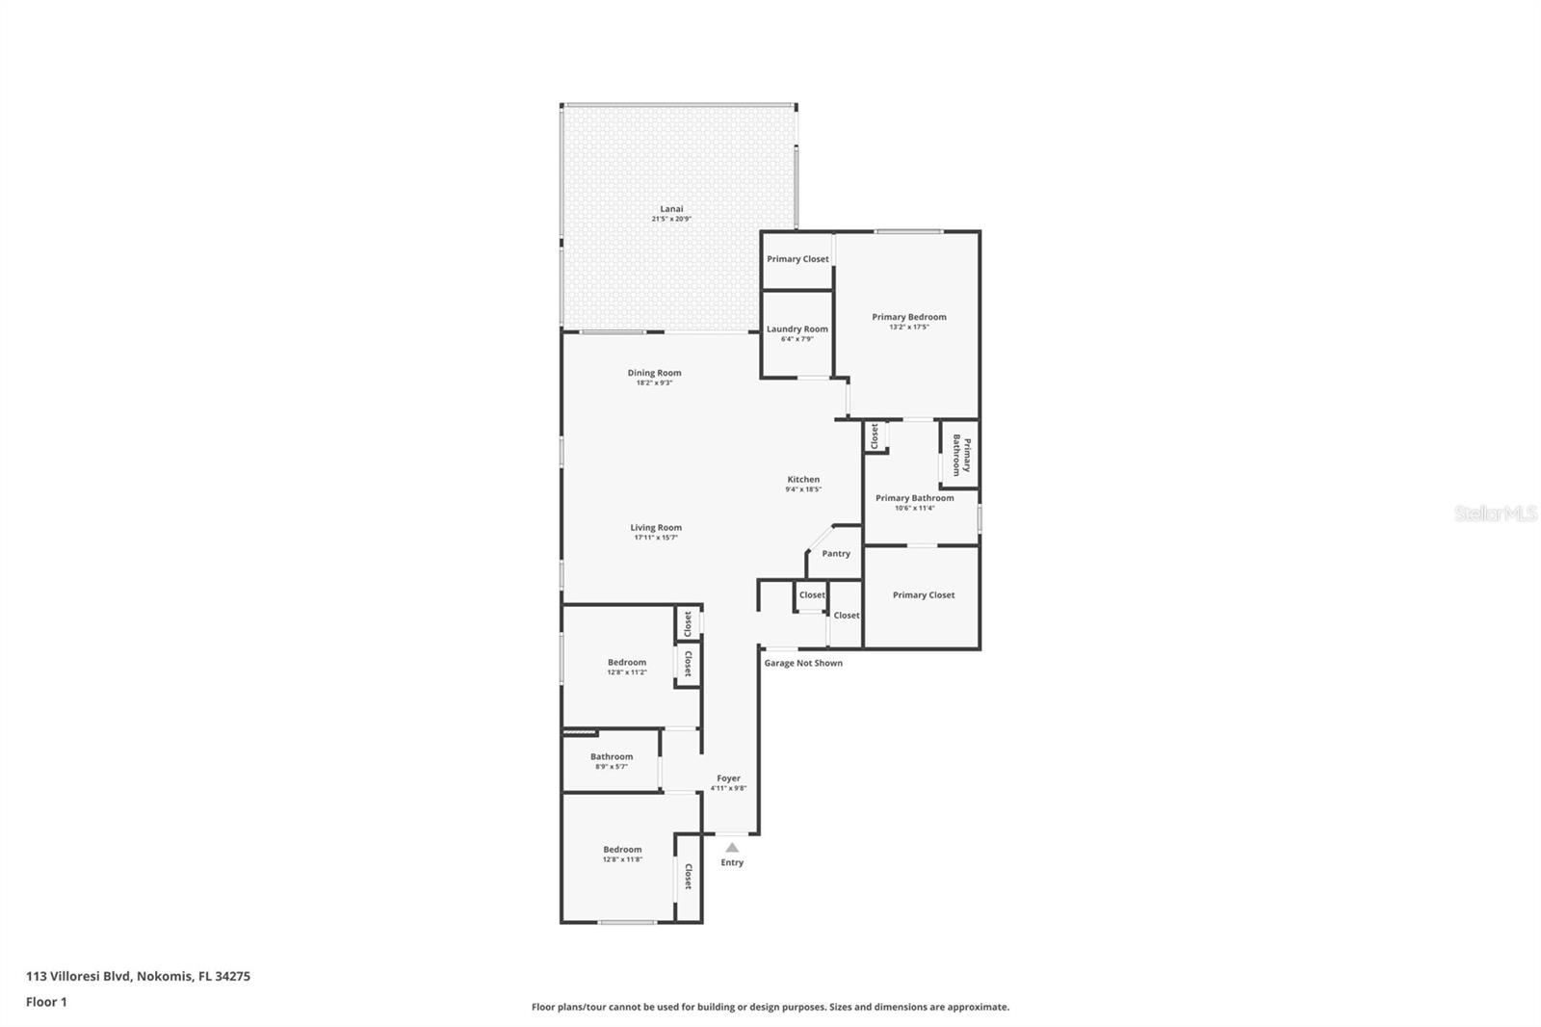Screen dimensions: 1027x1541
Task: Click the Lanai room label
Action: click(671, 208)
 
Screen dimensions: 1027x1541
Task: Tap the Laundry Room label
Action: click(797, 329)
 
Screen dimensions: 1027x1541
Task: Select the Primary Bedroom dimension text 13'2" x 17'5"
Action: click(908, 328)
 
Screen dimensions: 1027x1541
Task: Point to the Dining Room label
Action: click(654, 373)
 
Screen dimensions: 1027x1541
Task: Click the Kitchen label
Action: click(803, 479)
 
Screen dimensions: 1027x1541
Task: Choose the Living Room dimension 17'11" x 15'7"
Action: click(656, 538)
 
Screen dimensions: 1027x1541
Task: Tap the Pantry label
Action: click(835, 553)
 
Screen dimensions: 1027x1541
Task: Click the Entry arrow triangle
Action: click(732, 848)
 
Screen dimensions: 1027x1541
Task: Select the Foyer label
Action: click(728, 777)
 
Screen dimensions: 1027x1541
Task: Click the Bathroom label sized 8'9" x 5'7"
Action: click(612, 756)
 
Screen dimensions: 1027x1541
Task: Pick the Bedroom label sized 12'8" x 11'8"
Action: click(622, 849)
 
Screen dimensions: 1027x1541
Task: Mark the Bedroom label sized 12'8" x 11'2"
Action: click(626, 662)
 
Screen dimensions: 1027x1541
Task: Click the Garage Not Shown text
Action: click(803, 663)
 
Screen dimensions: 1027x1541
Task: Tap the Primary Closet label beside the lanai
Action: click(797, 259)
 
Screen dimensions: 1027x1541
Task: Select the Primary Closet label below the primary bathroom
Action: click(923, 594)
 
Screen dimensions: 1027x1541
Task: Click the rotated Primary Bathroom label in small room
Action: click(961, 455)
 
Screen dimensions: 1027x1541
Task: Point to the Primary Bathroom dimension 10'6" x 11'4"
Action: click(914, 508)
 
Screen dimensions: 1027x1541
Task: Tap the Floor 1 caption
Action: click(46, 1002)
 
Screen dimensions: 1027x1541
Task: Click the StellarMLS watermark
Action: click(1495, 513)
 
